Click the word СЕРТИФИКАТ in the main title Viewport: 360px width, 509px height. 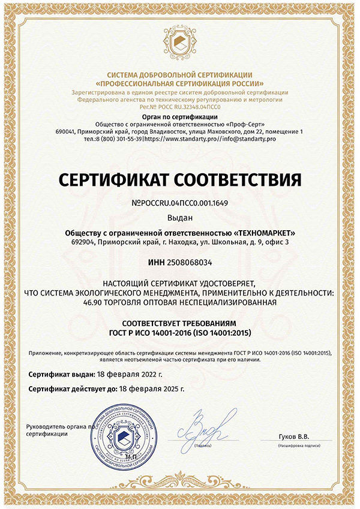(x=112, y=179)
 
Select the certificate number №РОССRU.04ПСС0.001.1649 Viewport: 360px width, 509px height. (x=179, y=203)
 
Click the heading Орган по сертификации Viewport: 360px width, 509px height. (x=179, y=116)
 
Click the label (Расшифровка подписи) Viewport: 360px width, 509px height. (x=298, y=447)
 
